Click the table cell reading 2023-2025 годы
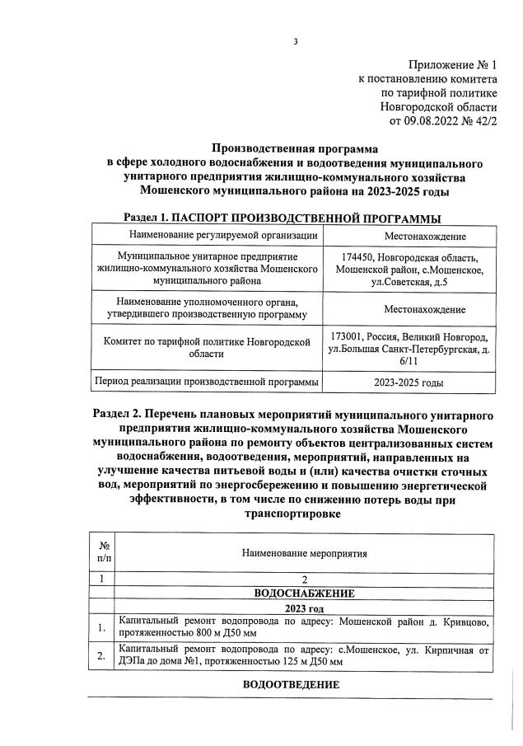[x=409, y=383]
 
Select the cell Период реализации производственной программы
[x=207, y=383]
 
